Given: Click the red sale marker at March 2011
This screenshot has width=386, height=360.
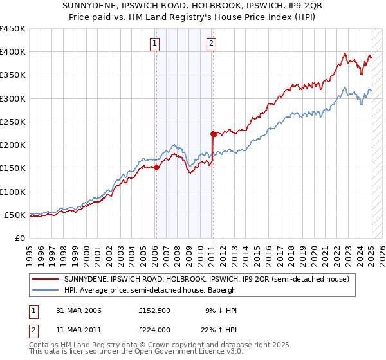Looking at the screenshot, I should click(212, 134).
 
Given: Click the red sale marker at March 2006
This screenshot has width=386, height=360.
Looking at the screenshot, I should click(156, 167).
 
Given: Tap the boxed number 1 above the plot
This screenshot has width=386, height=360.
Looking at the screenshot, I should click(156, 44).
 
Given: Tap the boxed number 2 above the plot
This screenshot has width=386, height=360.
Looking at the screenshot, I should click(212, 44).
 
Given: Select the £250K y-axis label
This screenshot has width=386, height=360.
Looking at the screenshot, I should click(13, 122).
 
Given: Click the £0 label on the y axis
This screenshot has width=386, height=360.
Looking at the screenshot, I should click(19, 238).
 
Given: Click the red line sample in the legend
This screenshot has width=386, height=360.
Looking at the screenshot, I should click(47, 279).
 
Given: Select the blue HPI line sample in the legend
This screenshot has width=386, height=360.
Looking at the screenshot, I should click(47, 291).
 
